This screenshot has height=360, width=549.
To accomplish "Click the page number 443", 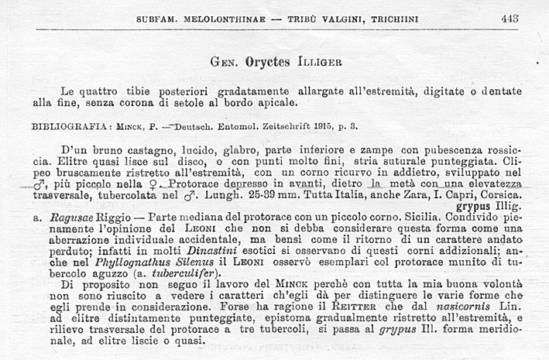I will click(x=510, y=18).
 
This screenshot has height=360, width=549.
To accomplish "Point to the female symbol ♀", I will click(x=140, y=185).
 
